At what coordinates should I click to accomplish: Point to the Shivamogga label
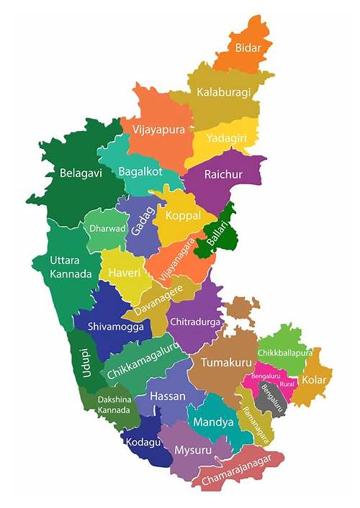pos(115,326)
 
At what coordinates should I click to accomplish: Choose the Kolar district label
pos(314,379)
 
